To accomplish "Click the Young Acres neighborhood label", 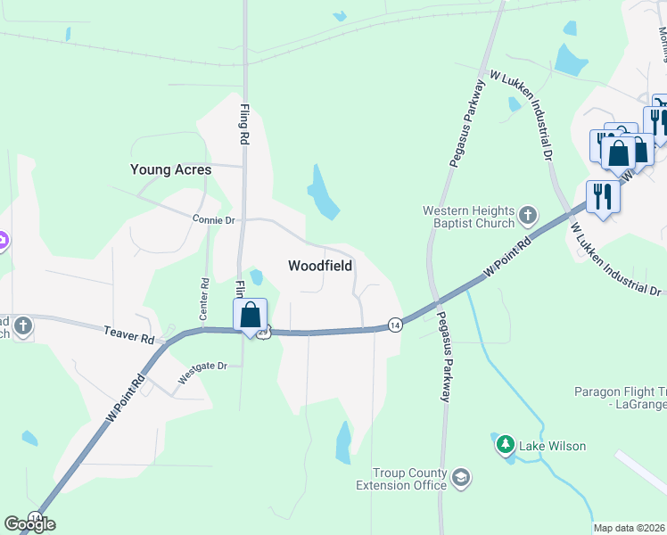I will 170,169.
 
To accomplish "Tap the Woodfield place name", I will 320,266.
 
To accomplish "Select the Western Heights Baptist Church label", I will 468,217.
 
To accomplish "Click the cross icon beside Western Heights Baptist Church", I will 528,215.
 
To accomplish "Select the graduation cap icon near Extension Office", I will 461,478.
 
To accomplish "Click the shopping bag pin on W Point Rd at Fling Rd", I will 251,315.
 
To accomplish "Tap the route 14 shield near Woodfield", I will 394,326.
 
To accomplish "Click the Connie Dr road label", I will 213,218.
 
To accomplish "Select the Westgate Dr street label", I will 203,372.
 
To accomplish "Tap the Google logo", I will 29,524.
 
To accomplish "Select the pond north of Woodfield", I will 322,192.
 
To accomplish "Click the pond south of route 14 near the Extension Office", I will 344,442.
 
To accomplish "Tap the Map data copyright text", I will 629,528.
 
